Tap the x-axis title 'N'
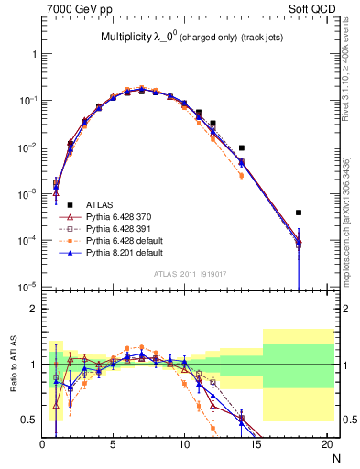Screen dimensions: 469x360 [x=335, y=457]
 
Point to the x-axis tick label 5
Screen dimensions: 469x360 [x=113, y=445]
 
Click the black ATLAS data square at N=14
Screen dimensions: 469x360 [x=242, y=147]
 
